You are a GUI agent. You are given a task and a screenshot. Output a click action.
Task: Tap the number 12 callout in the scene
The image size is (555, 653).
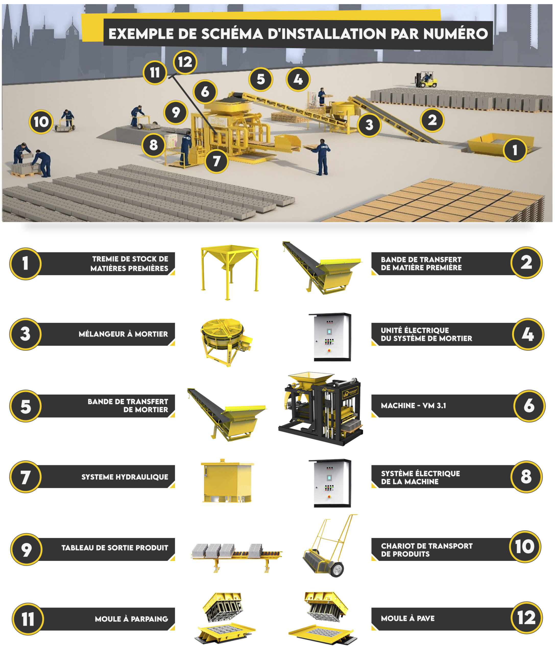pos(185,62)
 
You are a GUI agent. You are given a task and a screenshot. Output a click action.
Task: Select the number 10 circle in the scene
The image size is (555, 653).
pos(41,122)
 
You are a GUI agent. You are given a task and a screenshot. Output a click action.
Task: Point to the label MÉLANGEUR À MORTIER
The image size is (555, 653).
pos(123,334)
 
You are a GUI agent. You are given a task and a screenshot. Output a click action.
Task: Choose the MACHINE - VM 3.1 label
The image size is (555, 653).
pos(413,406)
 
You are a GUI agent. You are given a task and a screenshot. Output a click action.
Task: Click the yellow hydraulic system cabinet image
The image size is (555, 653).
pos(227,481)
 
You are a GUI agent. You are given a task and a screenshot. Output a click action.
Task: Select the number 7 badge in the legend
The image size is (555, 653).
pos(26,477)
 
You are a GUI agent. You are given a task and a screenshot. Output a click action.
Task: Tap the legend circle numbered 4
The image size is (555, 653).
pos(528,334)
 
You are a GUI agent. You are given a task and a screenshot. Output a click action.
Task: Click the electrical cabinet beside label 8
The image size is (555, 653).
pos(330,483)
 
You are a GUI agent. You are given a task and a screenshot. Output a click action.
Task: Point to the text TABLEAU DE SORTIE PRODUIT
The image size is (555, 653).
pos(115,548)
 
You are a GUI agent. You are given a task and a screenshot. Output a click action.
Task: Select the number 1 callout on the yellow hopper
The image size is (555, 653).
pos(515,150)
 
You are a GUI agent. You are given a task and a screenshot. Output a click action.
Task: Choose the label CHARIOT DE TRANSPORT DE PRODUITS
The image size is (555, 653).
pos(426,550)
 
